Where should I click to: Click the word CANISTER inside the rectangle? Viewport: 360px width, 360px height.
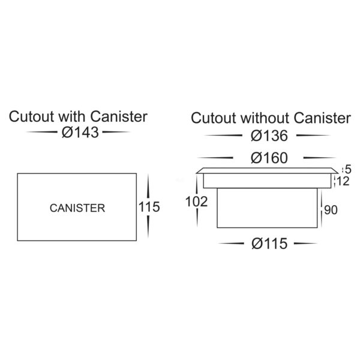77,208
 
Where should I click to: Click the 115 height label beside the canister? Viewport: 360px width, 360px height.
149,208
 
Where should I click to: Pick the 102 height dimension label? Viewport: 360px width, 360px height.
196,202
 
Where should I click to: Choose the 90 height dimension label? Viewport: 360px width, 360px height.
331,210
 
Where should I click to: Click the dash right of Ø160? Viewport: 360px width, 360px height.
315,158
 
